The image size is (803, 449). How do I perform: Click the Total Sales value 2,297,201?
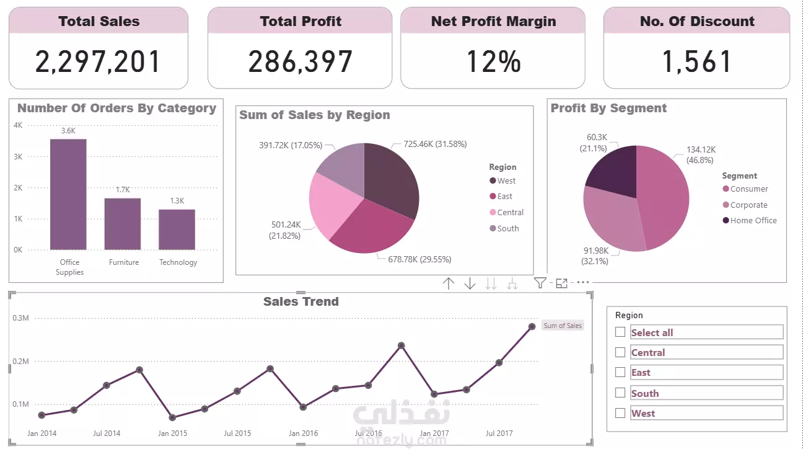98,61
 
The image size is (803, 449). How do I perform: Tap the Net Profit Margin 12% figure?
493,61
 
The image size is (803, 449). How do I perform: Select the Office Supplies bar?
68,194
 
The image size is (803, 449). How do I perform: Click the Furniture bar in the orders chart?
123,224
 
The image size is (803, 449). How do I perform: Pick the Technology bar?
177,229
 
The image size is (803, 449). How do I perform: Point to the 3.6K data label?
68,131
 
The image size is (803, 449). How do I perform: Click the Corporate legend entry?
748,205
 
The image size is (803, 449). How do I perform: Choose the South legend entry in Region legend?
507,228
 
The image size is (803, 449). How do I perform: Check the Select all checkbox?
620,332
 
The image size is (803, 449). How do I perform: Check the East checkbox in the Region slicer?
620,372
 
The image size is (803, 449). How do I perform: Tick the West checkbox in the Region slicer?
620,413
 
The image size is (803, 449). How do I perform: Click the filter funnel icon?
540,283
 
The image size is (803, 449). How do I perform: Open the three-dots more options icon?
583,283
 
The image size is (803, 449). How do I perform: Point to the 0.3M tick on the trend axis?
21,318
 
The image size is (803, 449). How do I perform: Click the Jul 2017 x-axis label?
499,433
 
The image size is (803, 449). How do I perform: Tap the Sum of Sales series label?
563,326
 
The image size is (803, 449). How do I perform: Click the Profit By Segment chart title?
608,108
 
